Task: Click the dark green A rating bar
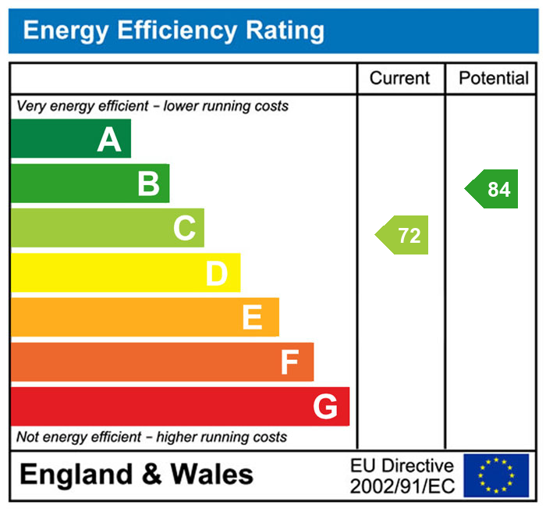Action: click(x=71, y=139)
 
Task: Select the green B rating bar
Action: click(x=90, y=183)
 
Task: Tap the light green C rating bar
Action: click(x=108, y=228)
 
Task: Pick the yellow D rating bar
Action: click(x=125, y=272)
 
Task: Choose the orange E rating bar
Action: click(x=144, y=317)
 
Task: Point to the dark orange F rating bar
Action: click(x=162, y=361)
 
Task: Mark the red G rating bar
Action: click(x=180, y=407)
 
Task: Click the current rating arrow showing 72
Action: click(x=403, y=235)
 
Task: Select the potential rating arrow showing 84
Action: click(x=492, y=189)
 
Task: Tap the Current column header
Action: click(x=399, y=78)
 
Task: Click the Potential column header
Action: click(x=494, y=78)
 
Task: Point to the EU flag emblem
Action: click(x=496, y=475)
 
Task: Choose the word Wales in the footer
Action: click(x=212, y=475)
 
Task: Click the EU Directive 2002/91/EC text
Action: click(x=401, y=476)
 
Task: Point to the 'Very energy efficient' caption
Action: click(x=152, y=105)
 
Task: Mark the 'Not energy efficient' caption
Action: click(x=151, y=437)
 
